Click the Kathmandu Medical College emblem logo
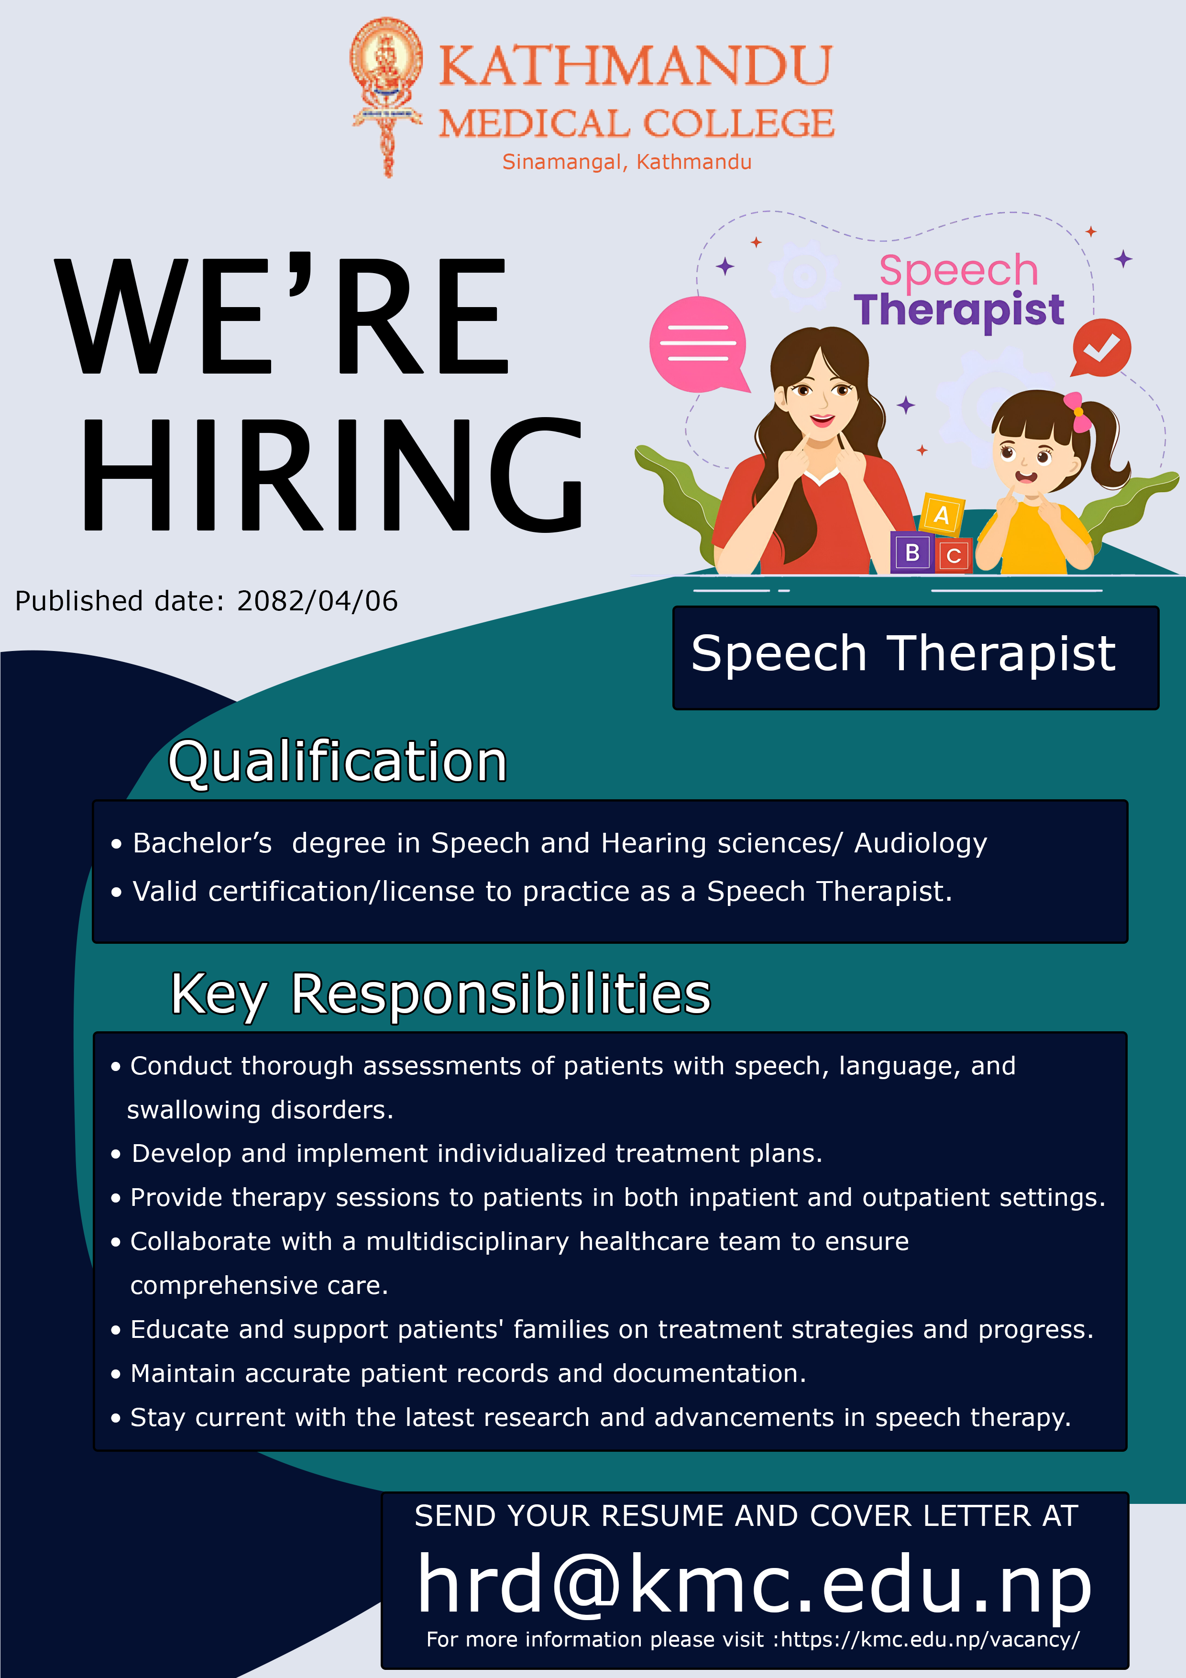pyautogui.click(x=386, y=97)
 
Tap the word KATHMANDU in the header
pyautogui.click(x=635, y=66)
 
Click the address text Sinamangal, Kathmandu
pyautogui.click(x=627, y=162)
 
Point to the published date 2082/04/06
pyautogui.click(x=317, y=601)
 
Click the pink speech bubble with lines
pyautogui.click(x=699, y=344)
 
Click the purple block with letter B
pyautogui.click(x=911, y=552)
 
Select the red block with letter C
pyautogui.click(x=953, y=555)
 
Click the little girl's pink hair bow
pyautogui.click(x=1077, y=411)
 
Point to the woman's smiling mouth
pyautogui.click(x=822, y=421)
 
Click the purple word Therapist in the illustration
pyautogui.click(x=959, y=310)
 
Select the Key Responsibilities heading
pyautogui.click(x=440, y=994)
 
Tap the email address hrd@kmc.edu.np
pyautogui.click(x=754, y=1584)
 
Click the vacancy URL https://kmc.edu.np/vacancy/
pyautogui.click(x=930, y=1639)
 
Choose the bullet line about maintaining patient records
pyautogui.click(x=458, y=1374)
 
